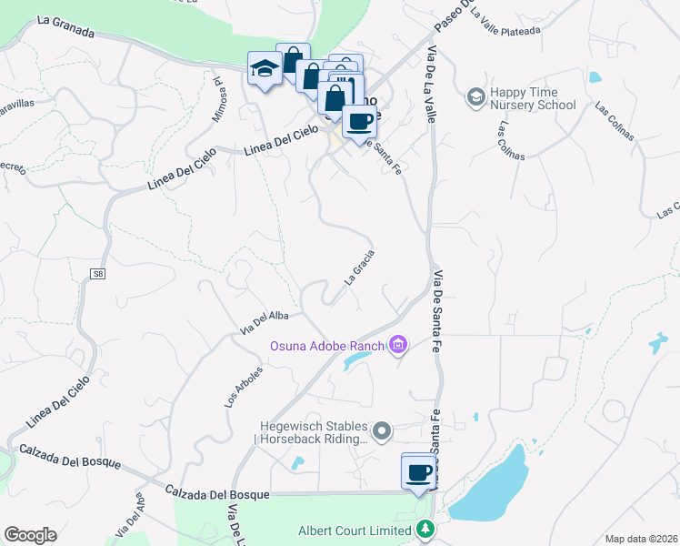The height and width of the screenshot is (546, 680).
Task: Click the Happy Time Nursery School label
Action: [x=533, y=98]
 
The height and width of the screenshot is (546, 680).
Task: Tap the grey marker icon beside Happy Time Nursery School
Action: [x=475, y=96]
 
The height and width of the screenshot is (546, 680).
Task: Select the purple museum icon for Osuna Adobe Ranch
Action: [x=397, y=344]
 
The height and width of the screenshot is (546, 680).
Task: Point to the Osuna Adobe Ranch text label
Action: [x=327, y=345]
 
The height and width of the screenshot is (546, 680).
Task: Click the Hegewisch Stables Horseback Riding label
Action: [x=314, y=432]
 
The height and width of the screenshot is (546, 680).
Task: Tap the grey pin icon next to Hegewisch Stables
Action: [x=383, y=430]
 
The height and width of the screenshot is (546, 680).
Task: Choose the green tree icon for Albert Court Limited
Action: [x=425, y=528]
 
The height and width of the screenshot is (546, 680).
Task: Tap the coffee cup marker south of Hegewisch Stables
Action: [x=418, y=471]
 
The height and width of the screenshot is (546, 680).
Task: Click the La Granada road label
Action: [x=66, y=25]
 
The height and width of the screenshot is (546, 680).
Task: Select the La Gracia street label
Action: [x=359, y=268]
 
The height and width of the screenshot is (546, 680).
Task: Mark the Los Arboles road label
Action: [x=243, y=387]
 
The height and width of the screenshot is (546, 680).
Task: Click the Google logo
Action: [x=30, y=535]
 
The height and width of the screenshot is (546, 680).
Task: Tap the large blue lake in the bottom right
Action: [x=491, y=491]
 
